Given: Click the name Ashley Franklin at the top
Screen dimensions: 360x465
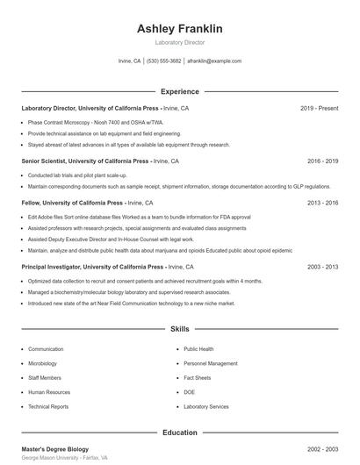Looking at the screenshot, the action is (179, 29).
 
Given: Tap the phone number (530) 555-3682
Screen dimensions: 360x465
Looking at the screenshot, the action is (164, 61).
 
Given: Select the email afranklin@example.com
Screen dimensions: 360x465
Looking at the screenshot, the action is (214, 61).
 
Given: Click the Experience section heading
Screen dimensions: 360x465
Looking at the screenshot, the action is (179, 91).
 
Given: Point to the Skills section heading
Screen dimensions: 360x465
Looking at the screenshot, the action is (179, 329).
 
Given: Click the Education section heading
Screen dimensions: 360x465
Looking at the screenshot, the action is (179, 433).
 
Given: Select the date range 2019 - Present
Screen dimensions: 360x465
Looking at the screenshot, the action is (319, 108).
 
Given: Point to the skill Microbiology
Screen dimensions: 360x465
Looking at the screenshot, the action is (42, 363).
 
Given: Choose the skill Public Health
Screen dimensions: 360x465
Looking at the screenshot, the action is (198, 349).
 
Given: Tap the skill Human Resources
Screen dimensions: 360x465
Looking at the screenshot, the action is (48, 392).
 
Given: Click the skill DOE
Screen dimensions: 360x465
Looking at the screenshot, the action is (189, 392).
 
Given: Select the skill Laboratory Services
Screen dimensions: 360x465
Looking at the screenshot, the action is (206, 407).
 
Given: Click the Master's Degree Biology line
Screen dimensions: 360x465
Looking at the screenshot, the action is (54, 449).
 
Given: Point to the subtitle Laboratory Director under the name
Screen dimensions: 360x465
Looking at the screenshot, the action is (179, 42).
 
